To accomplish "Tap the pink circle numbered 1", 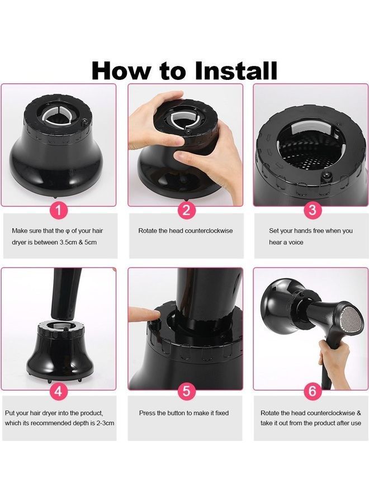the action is [x=59, y=211].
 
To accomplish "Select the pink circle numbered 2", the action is [x=186, y=211].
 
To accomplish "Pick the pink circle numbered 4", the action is [x=59, y=391].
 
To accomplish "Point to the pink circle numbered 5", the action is [x=186, y=391].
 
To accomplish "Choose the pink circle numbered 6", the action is [x=312, y=391].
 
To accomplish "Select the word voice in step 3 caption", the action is [x=295, y=243].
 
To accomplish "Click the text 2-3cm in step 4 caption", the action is [x=105, y=423].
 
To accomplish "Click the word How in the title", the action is [x=121, y=70].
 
